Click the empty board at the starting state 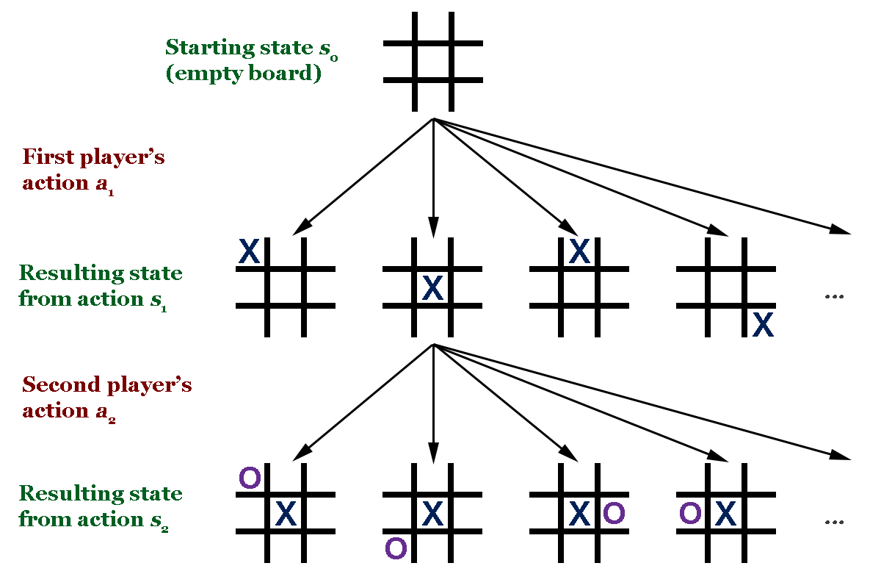coord(433,62)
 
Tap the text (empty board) coord(243,74)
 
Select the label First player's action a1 coord(93,170)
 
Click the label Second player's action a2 coord(106,398)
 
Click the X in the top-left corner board coord(250,253)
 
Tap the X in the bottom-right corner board coord(764,324)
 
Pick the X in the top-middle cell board coord(580,253)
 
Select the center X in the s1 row coord(433,288)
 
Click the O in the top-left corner coord(250,478)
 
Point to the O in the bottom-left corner coord(396,548)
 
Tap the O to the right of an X coord(614,513)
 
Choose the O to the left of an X coord(689,513)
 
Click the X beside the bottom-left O coord(433,512)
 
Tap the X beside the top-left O coord(285,513)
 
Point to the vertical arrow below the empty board coord(433,176)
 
